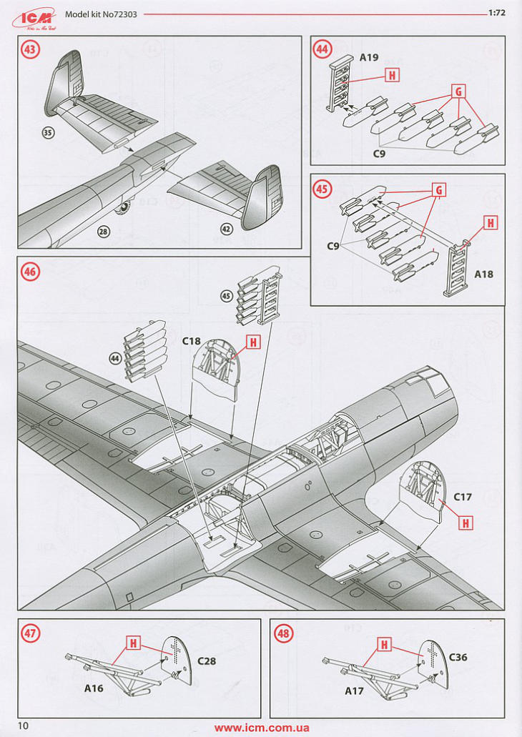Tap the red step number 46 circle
click(31, 272)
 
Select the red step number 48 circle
click(284, 633)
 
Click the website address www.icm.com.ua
click(262, 728)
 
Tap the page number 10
click(24, 726)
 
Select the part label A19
click(369, 57)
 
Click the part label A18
click(483, 274)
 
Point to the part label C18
click(191, 341)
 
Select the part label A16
click(94, 689)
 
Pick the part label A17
click(355, 691)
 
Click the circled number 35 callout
click(49, 133)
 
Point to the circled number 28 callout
click(104, 231)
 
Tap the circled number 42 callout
click(226, 230)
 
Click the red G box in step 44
click(458, 91)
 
